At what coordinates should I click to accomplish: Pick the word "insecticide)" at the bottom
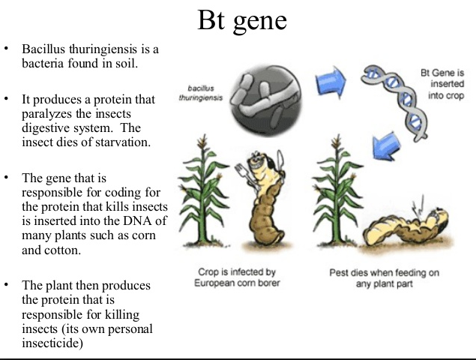52,343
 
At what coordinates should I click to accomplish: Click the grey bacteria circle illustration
266,100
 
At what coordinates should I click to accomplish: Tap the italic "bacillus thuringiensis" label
201,93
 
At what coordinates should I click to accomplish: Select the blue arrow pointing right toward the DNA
331,82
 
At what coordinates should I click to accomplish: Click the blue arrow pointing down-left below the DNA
386,146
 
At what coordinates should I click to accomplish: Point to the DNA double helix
395,103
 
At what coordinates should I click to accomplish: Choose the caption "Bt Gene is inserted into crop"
443,84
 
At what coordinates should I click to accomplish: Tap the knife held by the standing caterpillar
281,163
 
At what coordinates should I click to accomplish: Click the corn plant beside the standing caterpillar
202,190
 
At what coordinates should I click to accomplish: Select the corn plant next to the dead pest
337,190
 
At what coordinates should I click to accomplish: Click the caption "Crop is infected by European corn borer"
237,277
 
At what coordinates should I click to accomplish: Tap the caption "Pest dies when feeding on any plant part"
385,278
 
